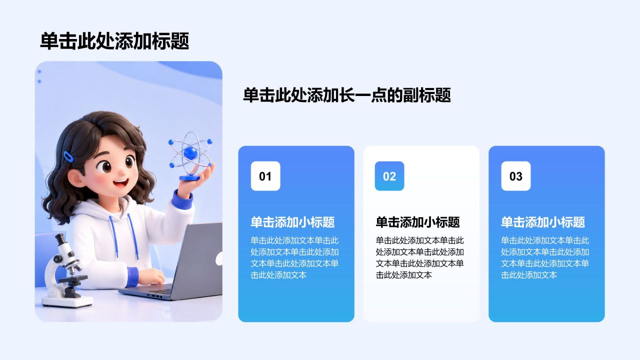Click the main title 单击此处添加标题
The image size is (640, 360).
tap(114, 41)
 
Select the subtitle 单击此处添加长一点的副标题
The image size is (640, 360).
tap(347, 95)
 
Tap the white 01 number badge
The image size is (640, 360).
tap(265, 176)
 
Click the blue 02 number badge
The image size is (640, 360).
tap(389, 176)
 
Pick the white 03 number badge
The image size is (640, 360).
tap(515, 176)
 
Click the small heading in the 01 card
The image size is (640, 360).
tap(292, 222)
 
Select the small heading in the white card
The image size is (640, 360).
tap(417, 222)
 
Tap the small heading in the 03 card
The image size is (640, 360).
tap(543, 222)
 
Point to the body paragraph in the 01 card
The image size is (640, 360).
tap(294, 257)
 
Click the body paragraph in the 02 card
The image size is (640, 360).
tap(419, 257)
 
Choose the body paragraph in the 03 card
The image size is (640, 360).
tap(545, 257)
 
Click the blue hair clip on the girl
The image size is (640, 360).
tap(68, 156)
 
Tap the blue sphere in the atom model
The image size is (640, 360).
tap(191, 153)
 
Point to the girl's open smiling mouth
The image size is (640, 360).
tap(121, 183)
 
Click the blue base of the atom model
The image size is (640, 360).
tap(189, 178)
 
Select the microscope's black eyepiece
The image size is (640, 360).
tap(60, 239)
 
